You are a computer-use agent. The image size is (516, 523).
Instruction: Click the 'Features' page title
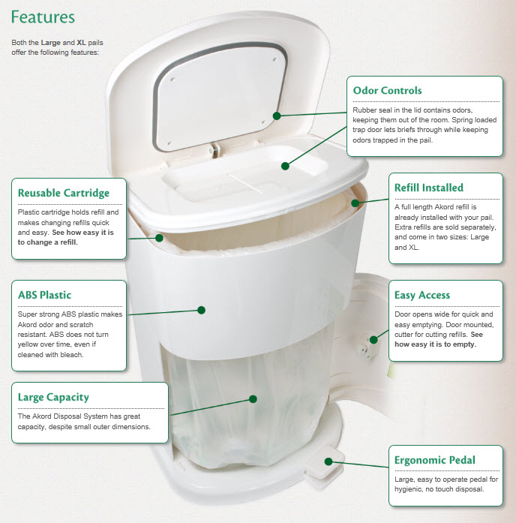point(43,17)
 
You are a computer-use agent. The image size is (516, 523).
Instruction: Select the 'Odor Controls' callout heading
point(387,91)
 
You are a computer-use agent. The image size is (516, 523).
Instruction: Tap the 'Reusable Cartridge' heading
point(64,193)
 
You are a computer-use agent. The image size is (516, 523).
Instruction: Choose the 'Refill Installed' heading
point(429,188)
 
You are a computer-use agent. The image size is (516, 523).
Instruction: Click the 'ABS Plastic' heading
point(45,295)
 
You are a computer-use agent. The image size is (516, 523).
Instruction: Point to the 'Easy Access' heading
point(426,295)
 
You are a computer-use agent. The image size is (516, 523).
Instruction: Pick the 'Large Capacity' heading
point(53,397)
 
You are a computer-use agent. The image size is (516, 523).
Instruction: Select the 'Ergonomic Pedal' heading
point(435,459)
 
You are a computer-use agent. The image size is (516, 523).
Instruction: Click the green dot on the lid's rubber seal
point(277,116)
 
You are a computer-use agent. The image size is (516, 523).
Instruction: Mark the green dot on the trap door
point(284,167)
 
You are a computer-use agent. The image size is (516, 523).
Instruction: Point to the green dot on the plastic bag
point(254,399)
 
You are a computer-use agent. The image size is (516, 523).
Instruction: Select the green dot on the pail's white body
point(201,308)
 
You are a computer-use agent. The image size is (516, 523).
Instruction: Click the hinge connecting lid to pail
point(215,149)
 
